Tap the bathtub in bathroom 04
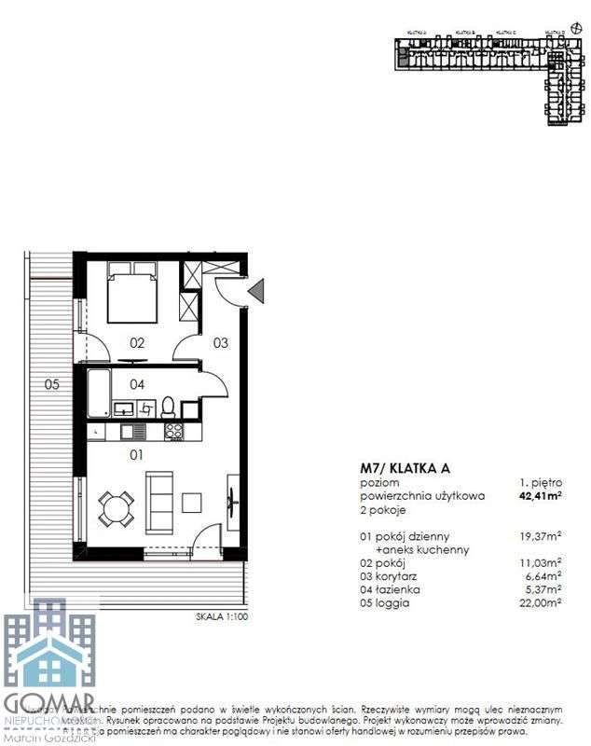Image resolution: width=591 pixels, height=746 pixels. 99,392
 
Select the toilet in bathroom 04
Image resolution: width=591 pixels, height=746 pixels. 169,407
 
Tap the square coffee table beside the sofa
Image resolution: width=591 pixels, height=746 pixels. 193,500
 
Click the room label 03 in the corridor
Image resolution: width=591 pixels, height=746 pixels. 221,342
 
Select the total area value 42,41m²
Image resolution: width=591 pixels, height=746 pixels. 540,497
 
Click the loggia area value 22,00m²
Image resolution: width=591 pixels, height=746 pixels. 542,603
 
